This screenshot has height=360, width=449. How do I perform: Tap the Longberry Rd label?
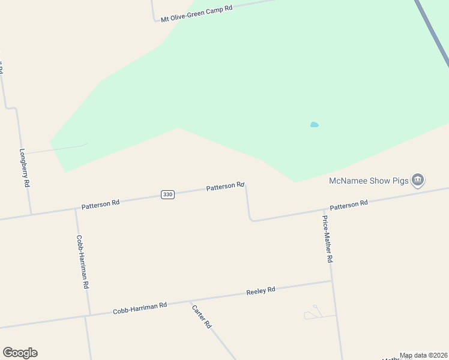(25, 168)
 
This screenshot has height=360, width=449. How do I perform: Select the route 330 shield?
(167, 194)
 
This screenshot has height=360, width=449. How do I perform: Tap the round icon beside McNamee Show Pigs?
(418, 179)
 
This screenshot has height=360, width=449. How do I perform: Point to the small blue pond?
(314, 125)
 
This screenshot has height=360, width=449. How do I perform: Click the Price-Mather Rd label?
(327, 239)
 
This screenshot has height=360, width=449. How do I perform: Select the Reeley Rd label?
(261, 290)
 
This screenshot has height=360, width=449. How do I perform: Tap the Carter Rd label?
(202, 316)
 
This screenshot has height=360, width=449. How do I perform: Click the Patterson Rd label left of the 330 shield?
(100, 204)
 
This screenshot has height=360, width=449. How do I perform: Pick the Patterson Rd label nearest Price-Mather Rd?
(348, 205)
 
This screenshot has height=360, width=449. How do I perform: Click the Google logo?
(20, 353)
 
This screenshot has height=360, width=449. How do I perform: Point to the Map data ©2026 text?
(423, 355)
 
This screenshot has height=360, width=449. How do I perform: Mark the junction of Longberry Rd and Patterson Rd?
(31, 214)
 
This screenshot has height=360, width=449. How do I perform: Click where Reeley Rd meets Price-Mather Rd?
(331, 281)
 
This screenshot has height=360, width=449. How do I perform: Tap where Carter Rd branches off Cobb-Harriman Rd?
(190, 301)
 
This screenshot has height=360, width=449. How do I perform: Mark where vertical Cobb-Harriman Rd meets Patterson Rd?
(76, 209)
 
